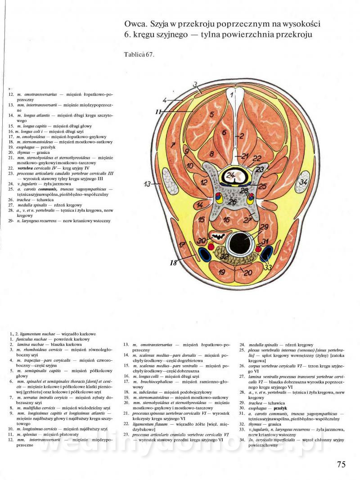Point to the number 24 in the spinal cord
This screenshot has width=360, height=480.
[230, 175]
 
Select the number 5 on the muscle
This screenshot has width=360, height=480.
[211, 115]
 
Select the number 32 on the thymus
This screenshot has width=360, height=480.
[225, 256]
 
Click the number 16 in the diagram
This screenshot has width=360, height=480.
[227, 220]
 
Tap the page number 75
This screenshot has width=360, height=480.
[341, 464]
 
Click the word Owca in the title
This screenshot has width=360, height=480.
[134, 23]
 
